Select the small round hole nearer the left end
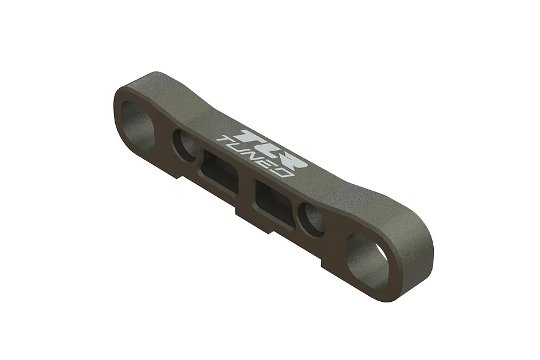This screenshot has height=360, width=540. pyautogui.click(x=184, y=143)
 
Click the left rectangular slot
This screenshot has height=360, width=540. pyautogui.click(x=219, y=171)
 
